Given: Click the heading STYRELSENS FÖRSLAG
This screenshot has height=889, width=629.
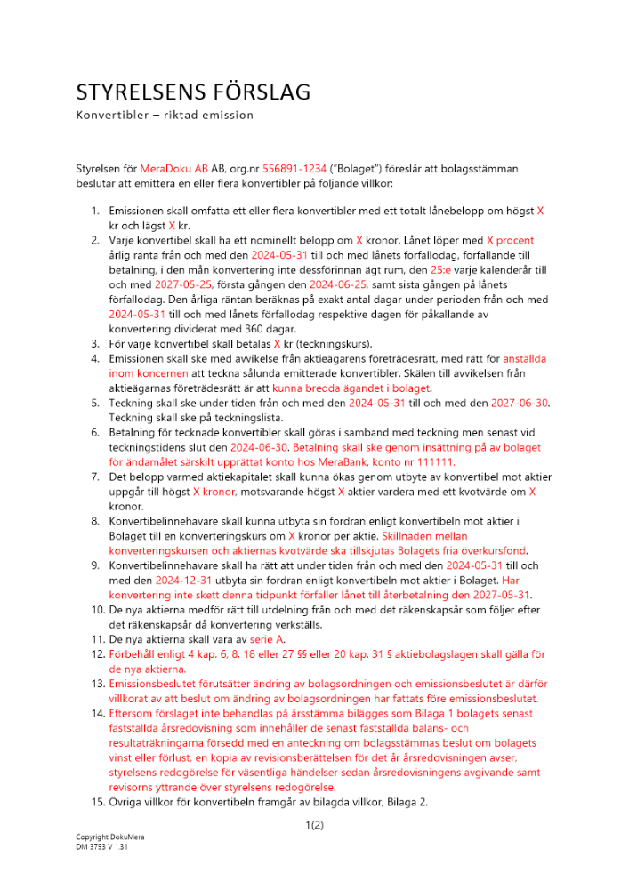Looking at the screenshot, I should click(193, 92).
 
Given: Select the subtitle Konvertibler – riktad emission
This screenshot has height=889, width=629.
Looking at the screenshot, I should click(165, 116).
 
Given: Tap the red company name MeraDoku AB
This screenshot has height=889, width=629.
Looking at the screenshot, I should click(174, 167).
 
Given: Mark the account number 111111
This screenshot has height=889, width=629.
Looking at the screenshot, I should click(432, 462).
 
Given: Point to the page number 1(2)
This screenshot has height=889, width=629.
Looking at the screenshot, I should click(314, 826).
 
